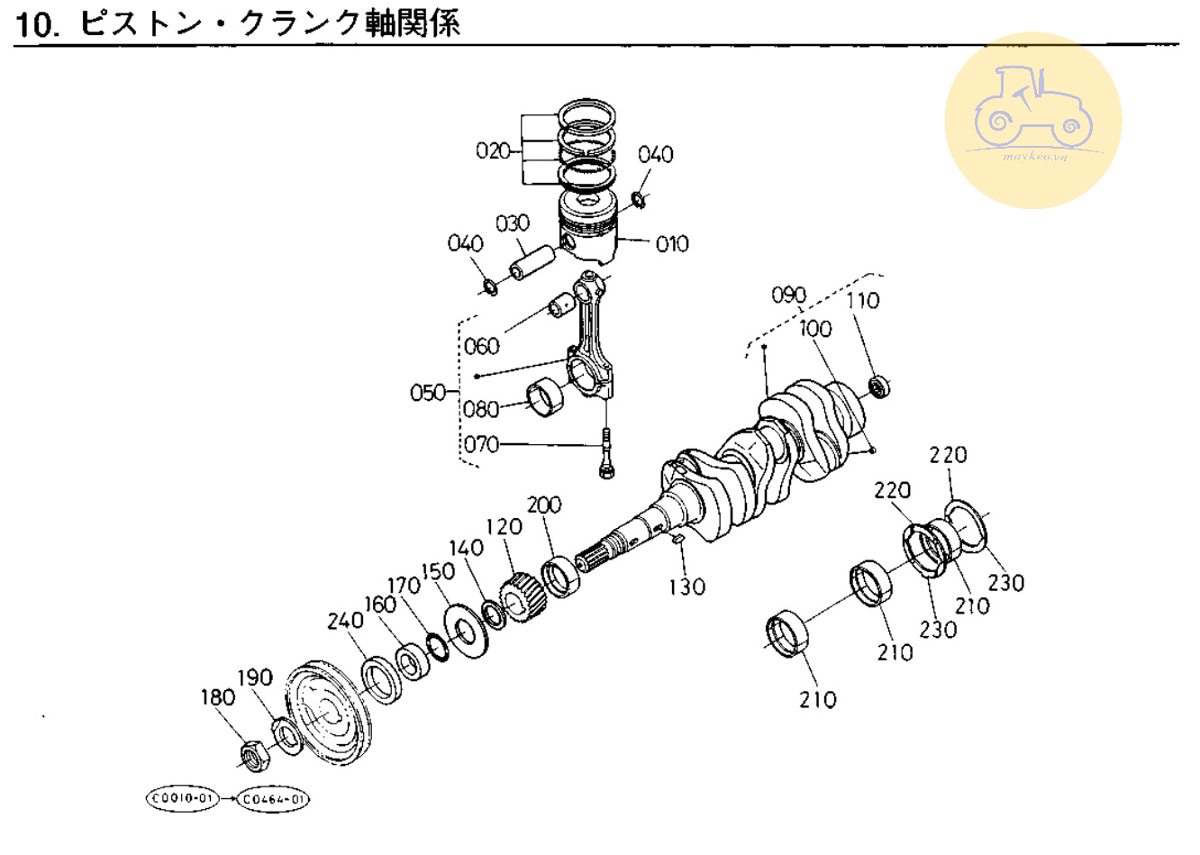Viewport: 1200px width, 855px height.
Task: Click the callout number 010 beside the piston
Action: tap(672, 243)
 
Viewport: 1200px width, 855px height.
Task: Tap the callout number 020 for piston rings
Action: tap(493, 150)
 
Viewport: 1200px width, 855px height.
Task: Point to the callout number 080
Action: tap(480, 409)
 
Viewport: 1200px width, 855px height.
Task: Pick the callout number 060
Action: tap(482, 346)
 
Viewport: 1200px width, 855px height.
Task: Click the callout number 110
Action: tap(862, 300)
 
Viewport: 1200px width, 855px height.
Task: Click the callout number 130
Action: tap(686, 587)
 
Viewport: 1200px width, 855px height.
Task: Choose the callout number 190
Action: tap(255, 678)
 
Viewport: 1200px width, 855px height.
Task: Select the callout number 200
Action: tap(544, 505)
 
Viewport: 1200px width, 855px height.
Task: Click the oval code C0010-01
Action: tap(183, 798)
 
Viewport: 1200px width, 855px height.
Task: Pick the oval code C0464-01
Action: tap(274, 798)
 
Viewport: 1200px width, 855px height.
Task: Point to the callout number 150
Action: tap(439, 572)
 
